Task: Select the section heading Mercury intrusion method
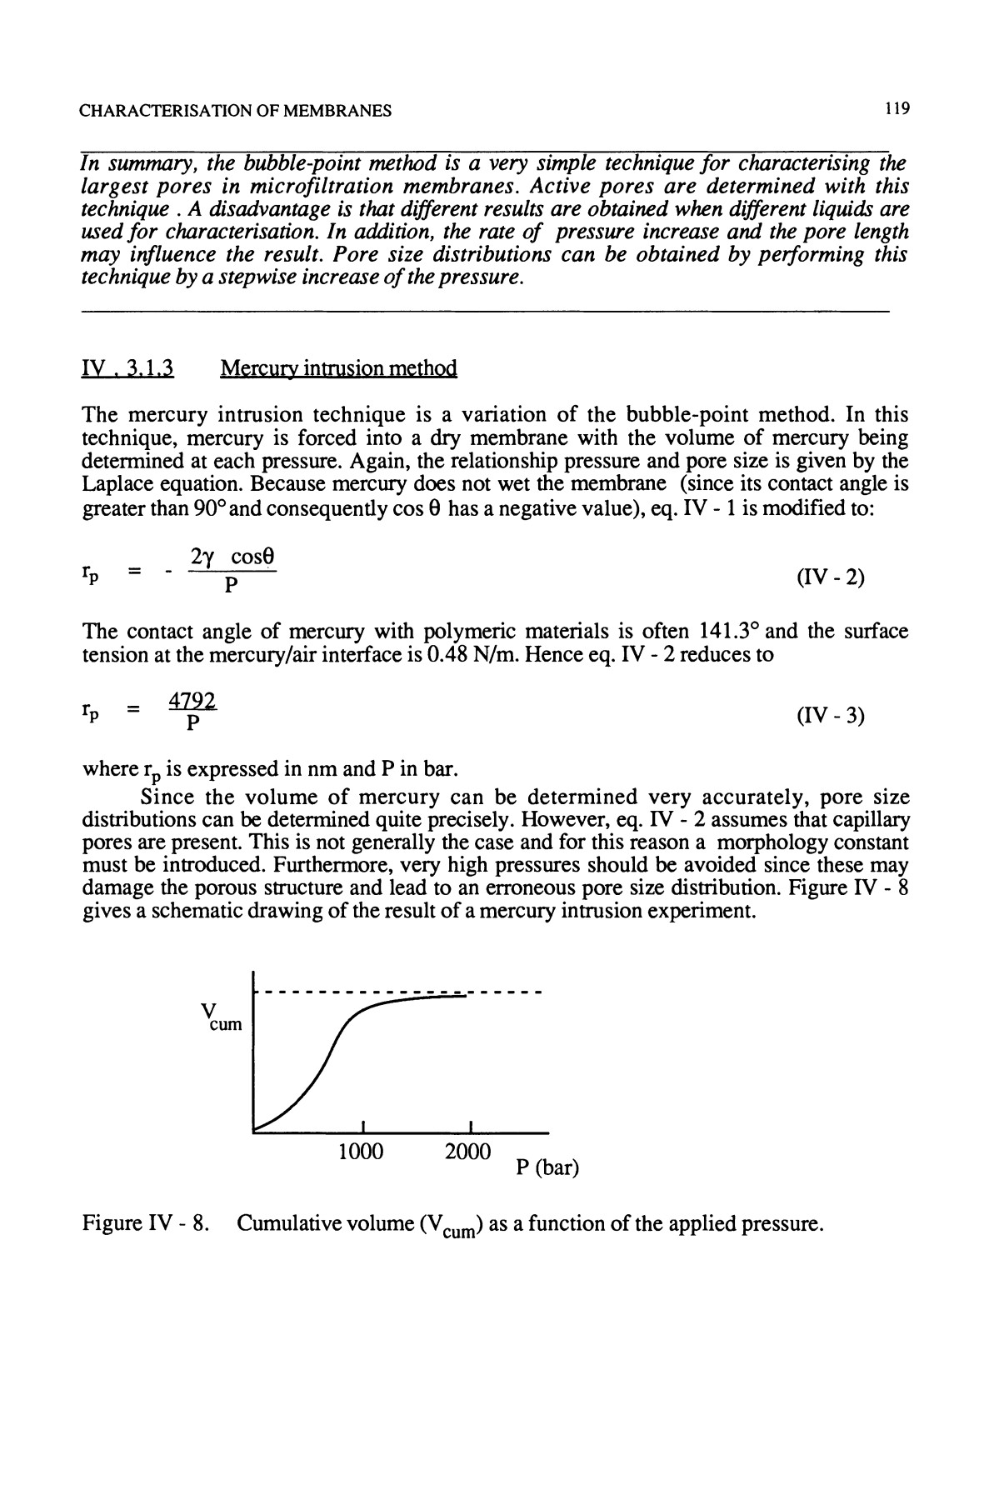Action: (x=338, y=368)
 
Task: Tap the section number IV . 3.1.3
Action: (x=126, y=368)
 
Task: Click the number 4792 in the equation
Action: (x=192, y=702)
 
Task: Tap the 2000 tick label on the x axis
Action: (x=467, y=1152)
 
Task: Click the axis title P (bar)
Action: (x=547, y=1167)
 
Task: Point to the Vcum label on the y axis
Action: (x=220, y=1017)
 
